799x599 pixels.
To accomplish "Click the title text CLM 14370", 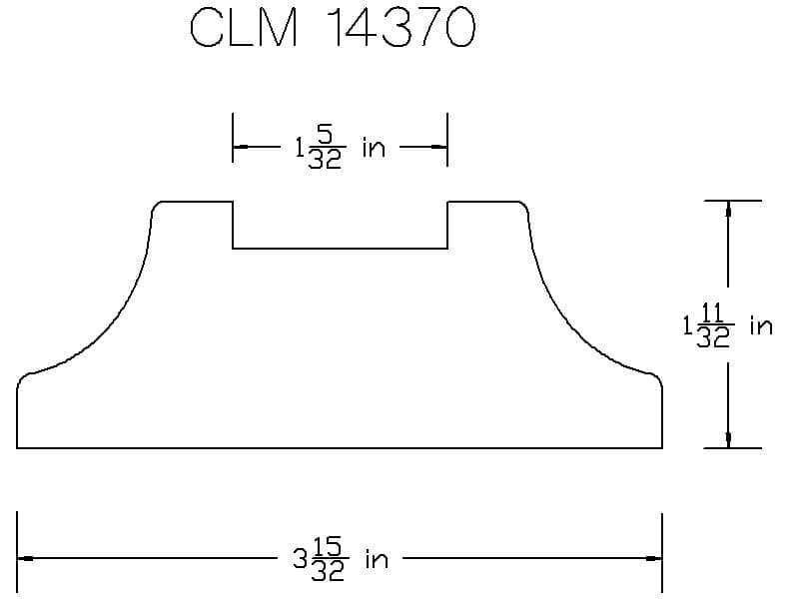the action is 333,28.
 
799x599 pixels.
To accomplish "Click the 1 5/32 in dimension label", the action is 340,148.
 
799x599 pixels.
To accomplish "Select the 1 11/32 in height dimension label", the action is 728,325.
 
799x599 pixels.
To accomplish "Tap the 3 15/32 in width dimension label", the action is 341,559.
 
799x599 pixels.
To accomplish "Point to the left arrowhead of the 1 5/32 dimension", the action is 241,147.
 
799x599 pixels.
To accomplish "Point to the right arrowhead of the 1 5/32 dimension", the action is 439,147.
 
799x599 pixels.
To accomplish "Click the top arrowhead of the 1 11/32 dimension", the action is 728,209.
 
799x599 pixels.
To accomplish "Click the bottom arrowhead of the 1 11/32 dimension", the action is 728,440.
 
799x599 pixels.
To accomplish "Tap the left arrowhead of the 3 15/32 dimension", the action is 26,559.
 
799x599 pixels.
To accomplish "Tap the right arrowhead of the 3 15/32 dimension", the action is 654,559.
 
